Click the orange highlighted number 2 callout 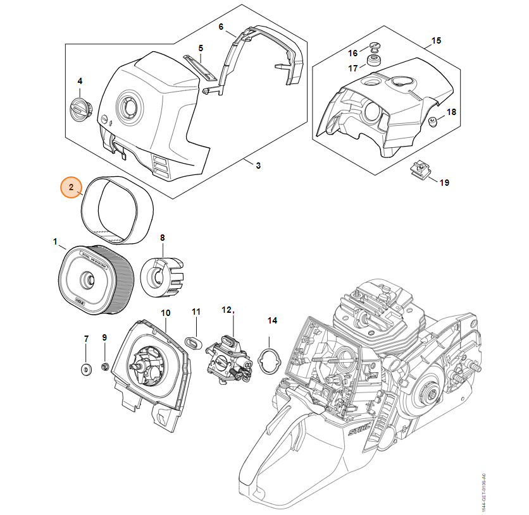[72, 187]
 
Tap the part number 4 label [80, 81]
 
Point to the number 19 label [444, 183]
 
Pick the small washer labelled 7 [86, 368]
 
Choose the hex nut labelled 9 [106, 366]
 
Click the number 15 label [436, 42]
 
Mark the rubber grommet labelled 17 [373, 61]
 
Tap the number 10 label [165, 313]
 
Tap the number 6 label [221, 27]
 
